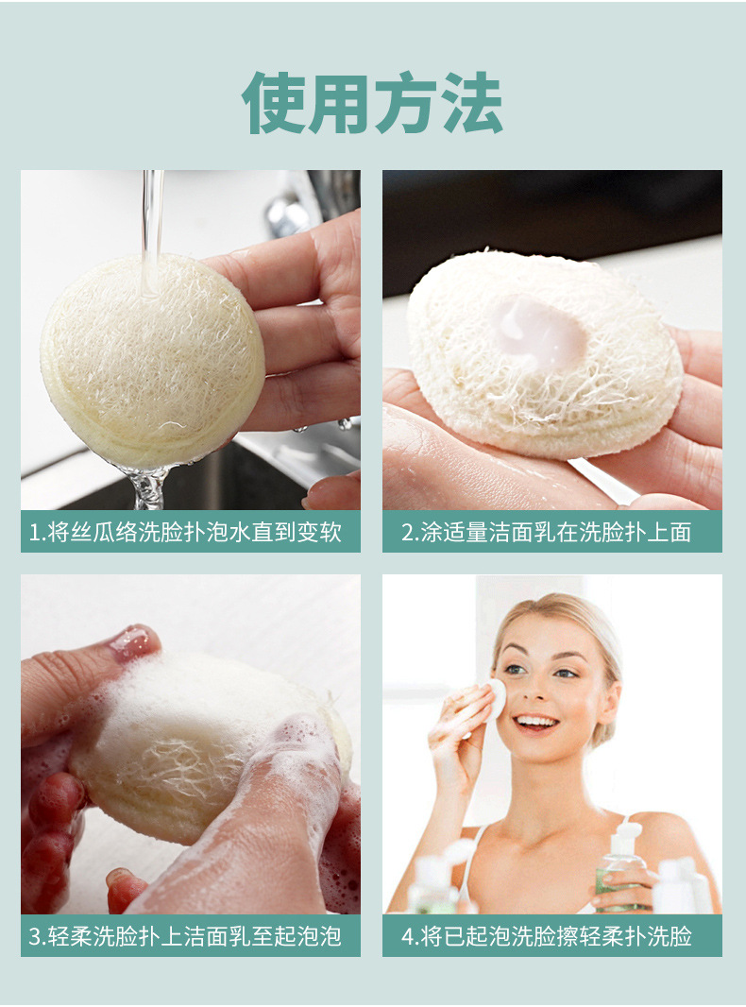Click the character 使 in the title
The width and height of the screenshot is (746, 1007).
[x=274, y=102]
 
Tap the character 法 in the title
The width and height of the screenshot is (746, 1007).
[x=470, y=102]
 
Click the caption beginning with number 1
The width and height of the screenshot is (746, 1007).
[x=190, y=532]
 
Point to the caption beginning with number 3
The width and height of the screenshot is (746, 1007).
[x=190, y=936]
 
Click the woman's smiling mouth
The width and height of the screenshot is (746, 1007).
[x=536, y=723]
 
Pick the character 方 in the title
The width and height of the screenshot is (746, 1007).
[x=404, y=102]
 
